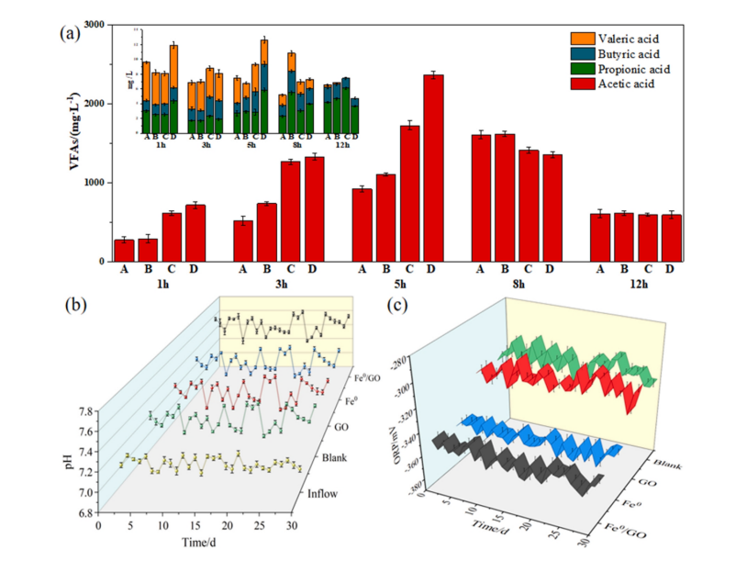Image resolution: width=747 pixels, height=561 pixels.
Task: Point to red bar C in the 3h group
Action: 290,211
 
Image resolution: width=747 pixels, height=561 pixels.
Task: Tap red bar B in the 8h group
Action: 504,197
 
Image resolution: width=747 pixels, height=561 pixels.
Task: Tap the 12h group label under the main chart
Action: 635,286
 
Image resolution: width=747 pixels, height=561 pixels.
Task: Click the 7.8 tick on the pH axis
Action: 80,410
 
